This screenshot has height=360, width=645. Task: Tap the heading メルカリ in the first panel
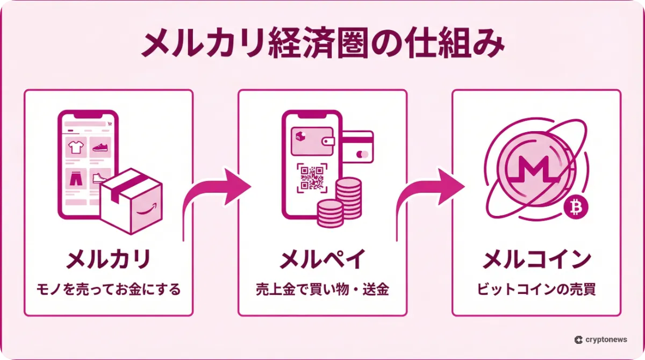(x=108, y=260)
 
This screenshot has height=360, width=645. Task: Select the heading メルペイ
(x=322, y=260)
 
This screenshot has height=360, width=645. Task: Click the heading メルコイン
(x=536, y=260)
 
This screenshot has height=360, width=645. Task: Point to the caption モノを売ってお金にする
(x=108, y=290)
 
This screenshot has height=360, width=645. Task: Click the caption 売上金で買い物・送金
(x=322, y=290)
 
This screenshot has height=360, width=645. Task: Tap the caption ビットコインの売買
(x=536, y=290)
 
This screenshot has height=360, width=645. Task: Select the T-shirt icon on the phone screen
(x=75, y=146)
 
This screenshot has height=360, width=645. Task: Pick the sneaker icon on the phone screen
(x=101, y=146)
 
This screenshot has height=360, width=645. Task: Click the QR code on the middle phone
(x=312, y=178)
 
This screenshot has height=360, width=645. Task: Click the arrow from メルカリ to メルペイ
(x=215, y=199)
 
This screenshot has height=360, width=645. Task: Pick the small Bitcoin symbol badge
(x=576, y=207)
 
